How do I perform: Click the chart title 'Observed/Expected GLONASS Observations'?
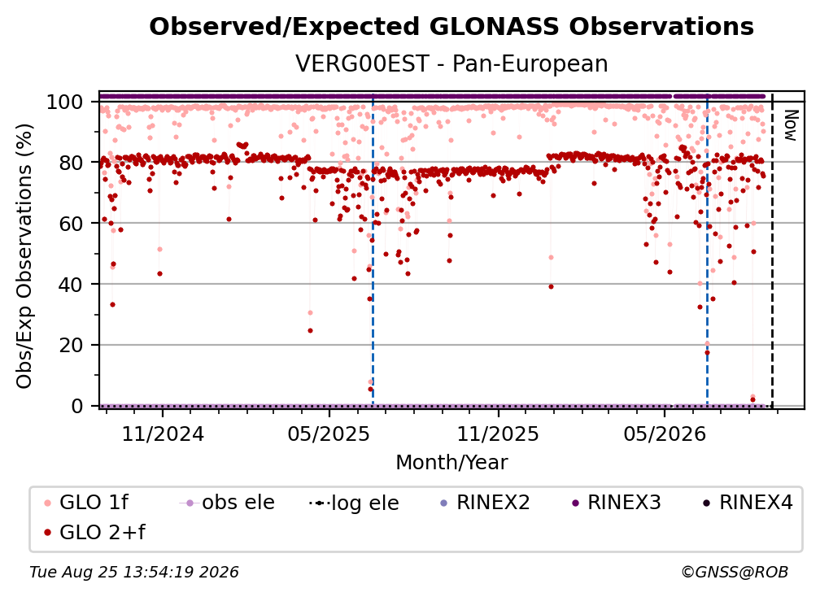coord(451,27)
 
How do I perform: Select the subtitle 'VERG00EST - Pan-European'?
coord(451,63)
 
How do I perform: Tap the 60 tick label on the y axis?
coord(71,224)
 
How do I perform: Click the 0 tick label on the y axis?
coord(77,406)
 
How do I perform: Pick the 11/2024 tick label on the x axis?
coord(163,434)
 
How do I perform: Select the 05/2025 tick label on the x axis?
coord(329,434)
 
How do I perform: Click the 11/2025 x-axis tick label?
coord(499,434)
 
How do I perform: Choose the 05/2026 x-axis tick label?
coord(665,434)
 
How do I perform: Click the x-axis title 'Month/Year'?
coord(451,463)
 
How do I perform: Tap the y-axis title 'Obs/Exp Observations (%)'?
coord(24,256)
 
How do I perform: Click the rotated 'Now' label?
coord(790,125)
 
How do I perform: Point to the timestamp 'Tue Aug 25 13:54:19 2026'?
coord(134,573)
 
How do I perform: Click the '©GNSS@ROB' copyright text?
coord(735,573)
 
